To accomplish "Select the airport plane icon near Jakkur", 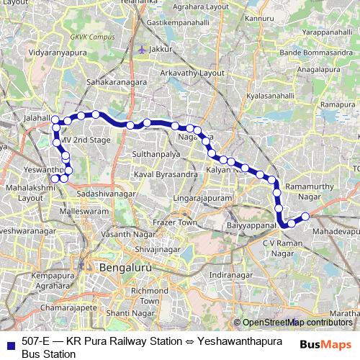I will coord(142,49).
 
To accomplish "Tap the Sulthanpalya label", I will coord(158,154).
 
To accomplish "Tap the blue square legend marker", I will coord(11,343).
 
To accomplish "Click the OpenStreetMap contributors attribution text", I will coord(296,323).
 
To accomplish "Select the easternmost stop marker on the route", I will coord(305,216).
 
